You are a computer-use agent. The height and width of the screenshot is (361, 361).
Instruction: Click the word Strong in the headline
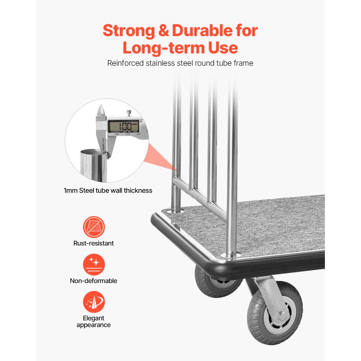129,31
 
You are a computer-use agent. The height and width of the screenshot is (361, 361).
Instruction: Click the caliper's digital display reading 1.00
123,126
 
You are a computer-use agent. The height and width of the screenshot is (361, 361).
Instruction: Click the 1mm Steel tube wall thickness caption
108,190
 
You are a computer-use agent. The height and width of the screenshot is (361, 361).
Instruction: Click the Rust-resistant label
93,243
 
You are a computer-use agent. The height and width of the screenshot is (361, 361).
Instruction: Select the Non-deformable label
93,281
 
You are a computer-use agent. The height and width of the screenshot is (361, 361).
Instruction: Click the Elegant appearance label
93,322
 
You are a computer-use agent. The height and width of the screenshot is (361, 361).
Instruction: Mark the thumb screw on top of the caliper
129,113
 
